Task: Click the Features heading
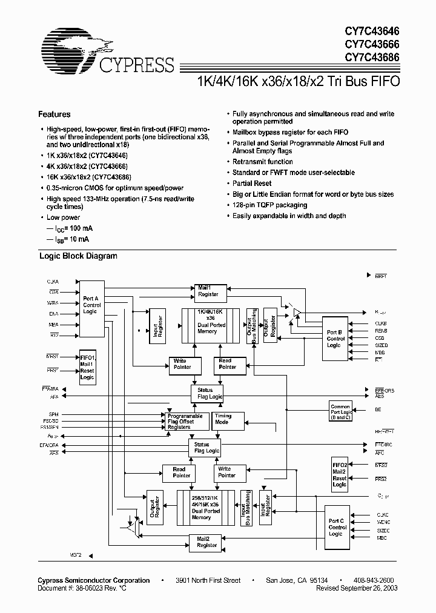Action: tap(54, 114)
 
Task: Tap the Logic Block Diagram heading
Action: tap(78, 256)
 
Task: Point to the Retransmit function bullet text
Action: tap(262, 162)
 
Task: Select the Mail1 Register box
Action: tap(208, 291)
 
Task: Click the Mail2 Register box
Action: tap(207, 542)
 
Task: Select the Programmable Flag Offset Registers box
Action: tap(186, 422)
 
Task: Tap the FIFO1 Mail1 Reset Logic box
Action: tap(87, 368)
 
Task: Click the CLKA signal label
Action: tap(53, 282)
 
